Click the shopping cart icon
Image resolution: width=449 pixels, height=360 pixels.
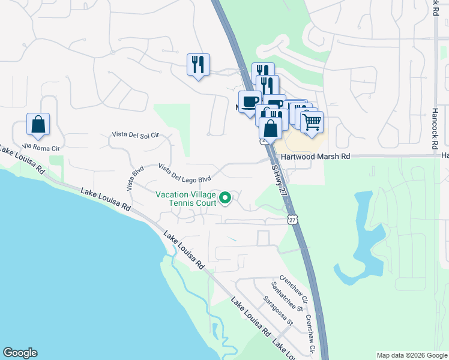pyautogui.click(x=312, y=122)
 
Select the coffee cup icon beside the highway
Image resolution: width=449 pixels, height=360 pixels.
pyautogui.click(x=250, y=101)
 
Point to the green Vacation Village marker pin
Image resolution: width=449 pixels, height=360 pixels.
pyautogui.click(x=225, y=197)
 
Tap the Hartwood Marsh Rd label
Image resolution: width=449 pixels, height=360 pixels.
pyautogui.click(x=318, y=156)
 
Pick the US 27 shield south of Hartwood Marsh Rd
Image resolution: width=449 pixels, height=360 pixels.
pyautogui.click(x=292, y=220)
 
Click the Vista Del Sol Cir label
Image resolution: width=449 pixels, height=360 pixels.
pyautogui.click(x=136, y=135)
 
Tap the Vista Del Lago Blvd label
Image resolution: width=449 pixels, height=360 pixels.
pyautogui.click(x=185, y=172)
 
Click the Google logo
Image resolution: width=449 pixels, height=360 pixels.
pyautogui.click(x=20, y=353)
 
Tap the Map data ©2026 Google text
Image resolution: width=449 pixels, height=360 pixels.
pyautogui.click(x=412, y=355)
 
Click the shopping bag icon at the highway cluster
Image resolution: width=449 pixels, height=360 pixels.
pyautogui.click(x=271, y=128)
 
